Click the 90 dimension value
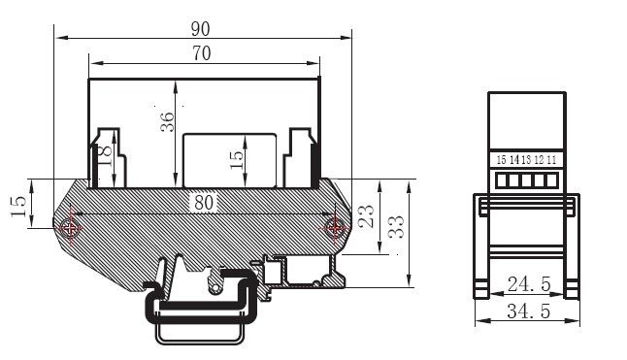point(200,29)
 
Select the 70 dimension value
point(202,53)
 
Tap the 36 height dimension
point(168,122)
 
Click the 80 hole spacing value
point(204,203)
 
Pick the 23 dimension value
point(366,216)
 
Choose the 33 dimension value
point(396,227)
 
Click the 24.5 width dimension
point(529,284)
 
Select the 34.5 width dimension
point(529,311)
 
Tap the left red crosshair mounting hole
point(71,229)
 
